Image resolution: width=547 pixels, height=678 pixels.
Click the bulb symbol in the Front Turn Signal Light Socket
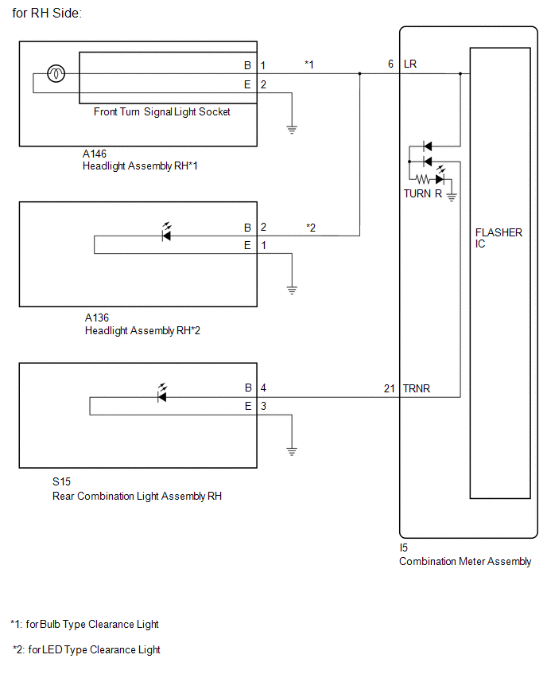(56, 73)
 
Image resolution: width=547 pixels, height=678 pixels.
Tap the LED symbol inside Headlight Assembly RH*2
(166, 232)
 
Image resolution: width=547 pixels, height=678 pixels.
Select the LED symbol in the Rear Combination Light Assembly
(162, 393)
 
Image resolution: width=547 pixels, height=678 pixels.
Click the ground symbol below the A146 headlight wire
(292, 129)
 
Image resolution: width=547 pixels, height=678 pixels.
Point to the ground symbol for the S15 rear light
(292, 451)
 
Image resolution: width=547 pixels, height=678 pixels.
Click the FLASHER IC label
(499, 238)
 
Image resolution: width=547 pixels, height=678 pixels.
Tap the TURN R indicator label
(422, 193)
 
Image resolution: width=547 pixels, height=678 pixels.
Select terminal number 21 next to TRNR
(390, 388)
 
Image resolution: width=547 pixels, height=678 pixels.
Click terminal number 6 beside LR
(390, 64)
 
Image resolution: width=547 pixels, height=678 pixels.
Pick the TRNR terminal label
(417, 388)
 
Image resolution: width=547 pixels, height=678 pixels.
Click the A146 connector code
(94, 154)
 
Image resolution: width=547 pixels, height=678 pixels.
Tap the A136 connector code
(97, 318)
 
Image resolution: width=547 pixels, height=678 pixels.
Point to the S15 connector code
(61, 481)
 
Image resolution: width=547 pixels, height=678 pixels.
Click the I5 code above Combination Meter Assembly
(404, 547)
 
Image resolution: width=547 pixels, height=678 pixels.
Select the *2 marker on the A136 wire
(311, 228)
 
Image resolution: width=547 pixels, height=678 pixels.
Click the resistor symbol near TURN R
(423, 178)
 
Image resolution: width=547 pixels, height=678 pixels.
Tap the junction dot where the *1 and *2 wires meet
(359, 73)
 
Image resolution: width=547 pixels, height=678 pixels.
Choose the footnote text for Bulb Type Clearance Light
(85, 625)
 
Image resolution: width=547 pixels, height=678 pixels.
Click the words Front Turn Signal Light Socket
(162, 112)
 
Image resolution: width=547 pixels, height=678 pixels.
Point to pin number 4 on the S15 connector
(263, 388)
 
